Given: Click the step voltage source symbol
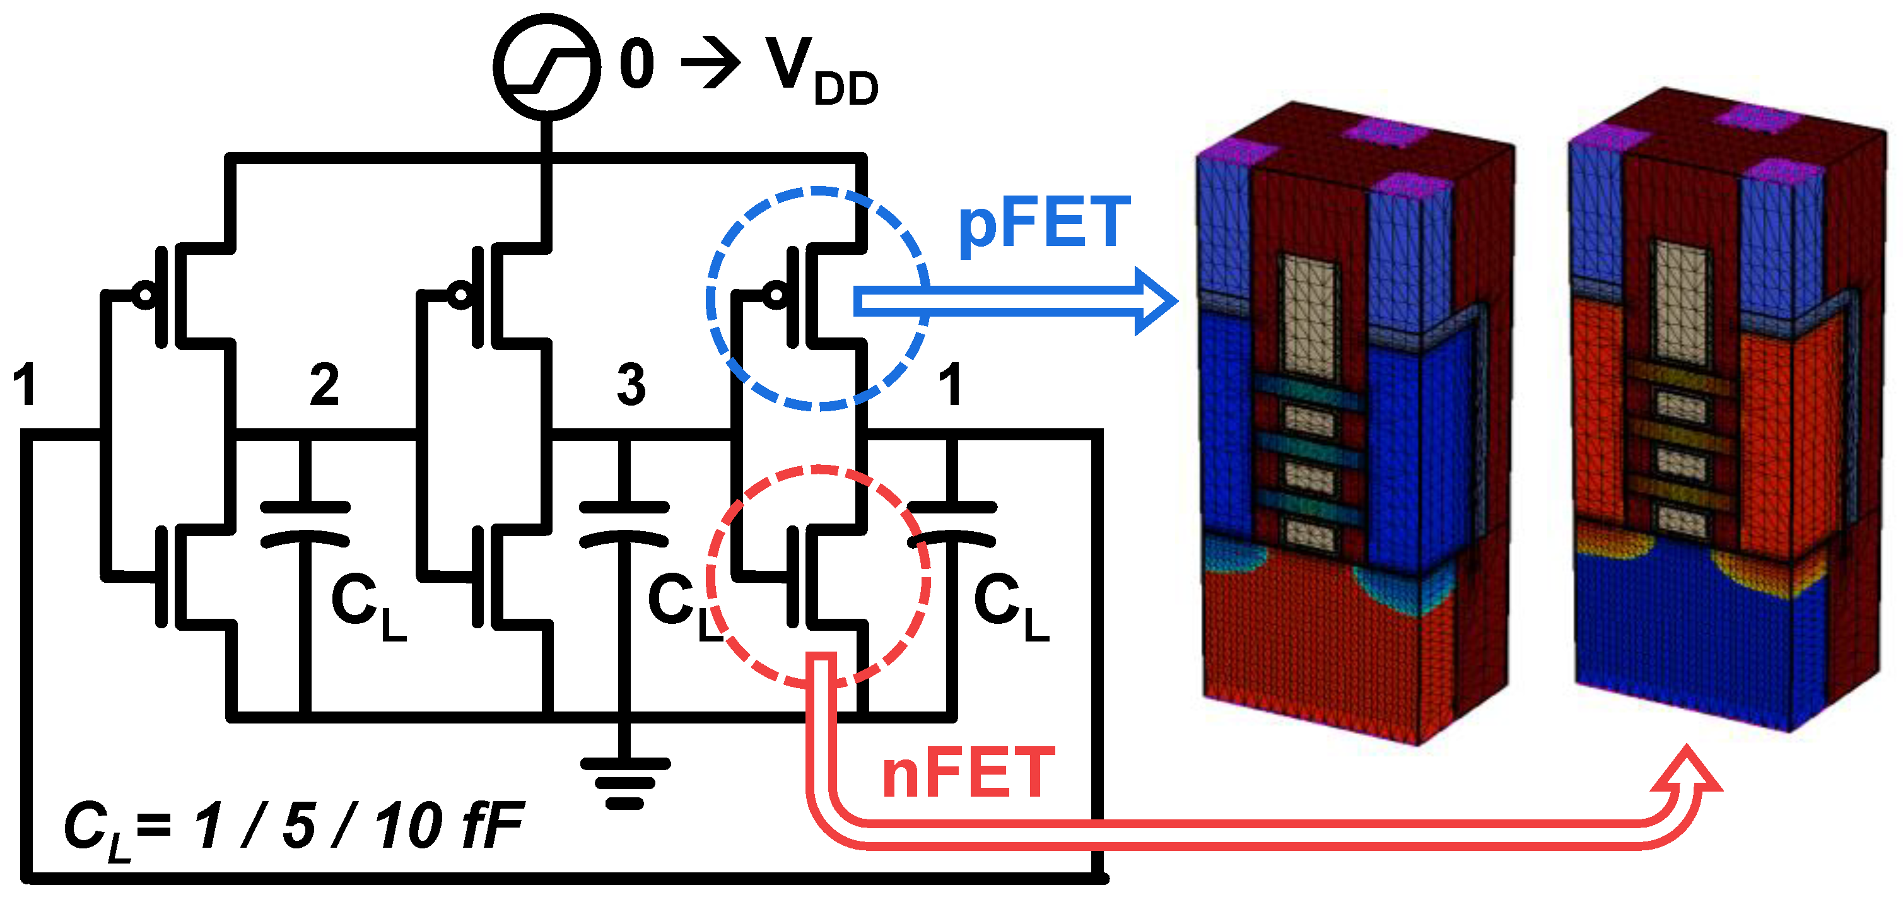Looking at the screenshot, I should click(x=546, y=66).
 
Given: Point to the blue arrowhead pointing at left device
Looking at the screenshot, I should click(x=1156, y=302).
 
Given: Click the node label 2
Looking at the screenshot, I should click(x=324, y=385).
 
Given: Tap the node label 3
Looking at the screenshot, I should click(x=631, y=385).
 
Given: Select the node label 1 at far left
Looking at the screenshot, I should click(x=26, y=385).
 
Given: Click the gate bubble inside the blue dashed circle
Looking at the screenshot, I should click(x=776, y=295).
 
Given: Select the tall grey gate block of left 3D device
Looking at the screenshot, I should click(x=1310, y=318).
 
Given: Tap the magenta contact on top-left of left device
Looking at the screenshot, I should click(x=1238, y=151).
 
